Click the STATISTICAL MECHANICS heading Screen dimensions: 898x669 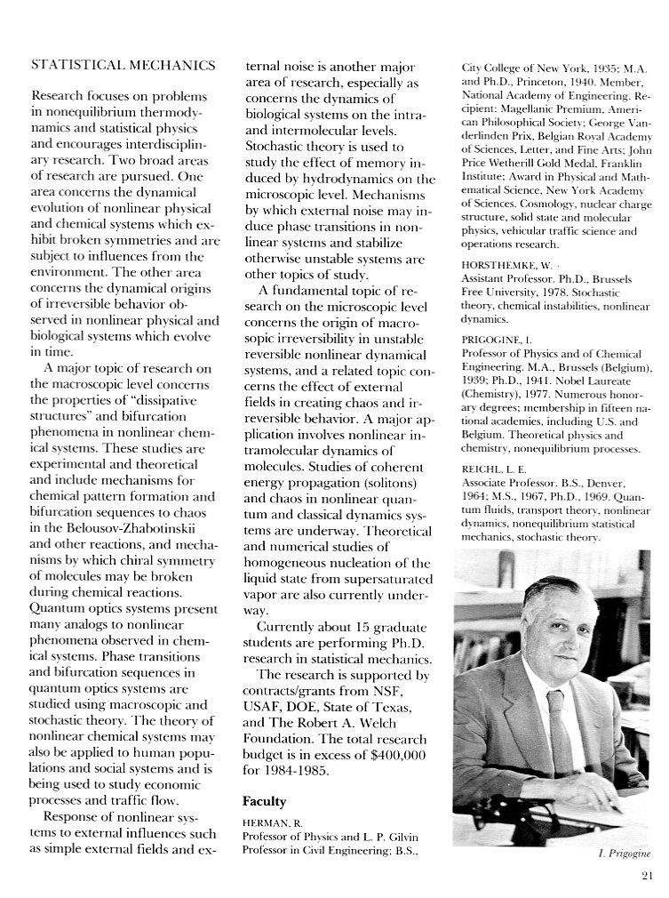point(123,65)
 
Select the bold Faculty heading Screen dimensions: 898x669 point(264,800)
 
